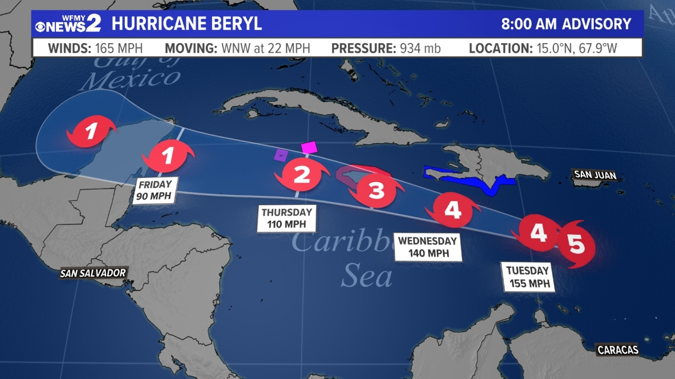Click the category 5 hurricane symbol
pyautogui.click(x=576, y=244)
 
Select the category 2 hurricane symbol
pyautogui.click(x=302, y=174)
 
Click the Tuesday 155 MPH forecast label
pyautogui.click(x=528, y=277)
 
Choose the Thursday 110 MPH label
pyautogui.click(x=287, y=218)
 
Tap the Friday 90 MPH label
pyautogui.click(x=155, y=190)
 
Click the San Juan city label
pyautogui.click(x=594, y=174)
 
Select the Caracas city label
pyautogui.click(x=618, y=350)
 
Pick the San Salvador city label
pyautogui.click(x=93, y=273)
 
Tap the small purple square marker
pyautogui.click(x=281, y=155)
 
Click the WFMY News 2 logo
pyautogui.click(x=68, y=24)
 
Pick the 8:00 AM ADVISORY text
pyautogui.click(x=566, y=24)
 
